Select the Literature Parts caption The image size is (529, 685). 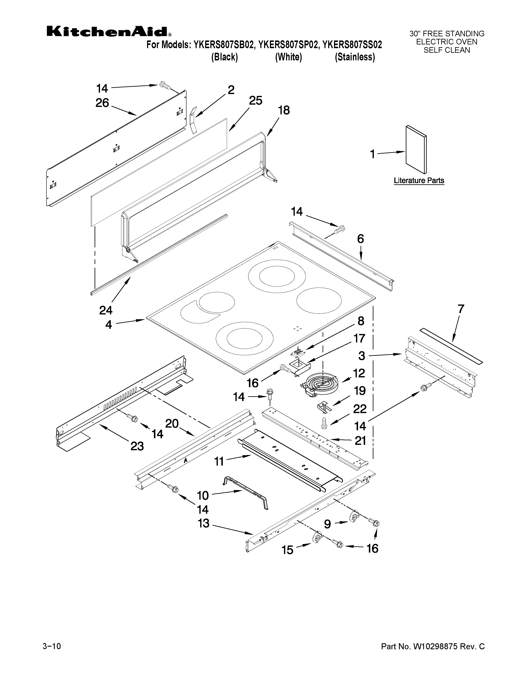tap(419, 181)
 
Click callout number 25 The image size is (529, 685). tap(255, 101)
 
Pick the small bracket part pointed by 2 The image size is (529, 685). tap(193, 120)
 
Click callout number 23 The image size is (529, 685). tap(137, 446)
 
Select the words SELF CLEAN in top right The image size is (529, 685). tap(447, 50)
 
